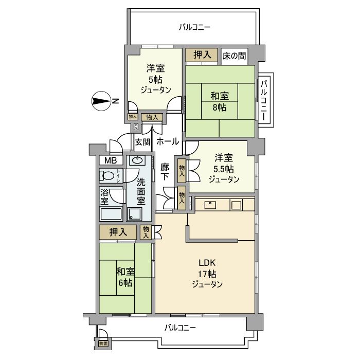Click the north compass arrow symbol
coord(102,101)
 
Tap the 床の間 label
coord(234,55)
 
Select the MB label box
coord(111,160)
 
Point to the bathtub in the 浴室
coord(111,213)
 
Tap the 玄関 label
coord(141,141)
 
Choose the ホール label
coord(168,141)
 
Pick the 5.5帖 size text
coord(224,169)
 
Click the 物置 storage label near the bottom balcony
coord(103,343)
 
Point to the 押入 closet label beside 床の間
coord(202,55)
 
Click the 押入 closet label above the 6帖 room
coord(118,232)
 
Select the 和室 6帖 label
coord(124,277)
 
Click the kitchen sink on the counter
coord(210,205)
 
